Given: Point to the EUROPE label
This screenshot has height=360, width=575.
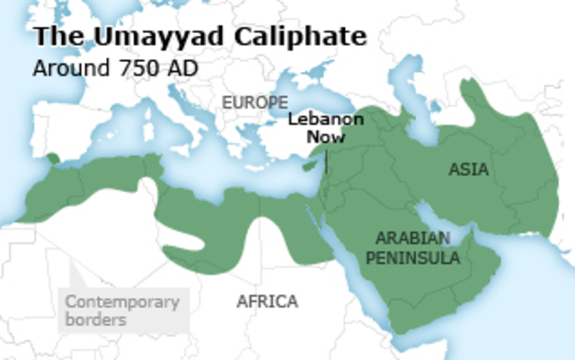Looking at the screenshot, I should [x=255, y=102].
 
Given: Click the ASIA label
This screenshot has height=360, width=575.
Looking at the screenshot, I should [x=469, y=170].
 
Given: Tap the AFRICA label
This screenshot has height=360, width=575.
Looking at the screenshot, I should [x=267, y=302].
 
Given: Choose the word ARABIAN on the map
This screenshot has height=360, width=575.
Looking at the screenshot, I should [x=416, y=239].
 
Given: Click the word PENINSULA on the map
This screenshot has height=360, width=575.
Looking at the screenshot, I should [x=419, y=259].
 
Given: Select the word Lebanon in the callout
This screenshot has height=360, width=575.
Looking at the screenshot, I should [x=326, y=120].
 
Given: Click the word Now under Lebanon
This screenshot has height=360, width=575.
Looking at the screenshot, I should [x=326, y=137].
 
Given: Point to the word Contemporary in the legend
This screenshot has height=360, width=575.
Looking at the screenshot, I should [x=122, y=302].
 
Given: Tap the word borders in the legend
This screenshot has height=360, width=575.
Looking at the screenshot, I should [x=95, y=319].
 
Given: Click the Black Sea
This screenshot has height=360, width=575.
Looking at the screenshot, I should [x=320, y=99].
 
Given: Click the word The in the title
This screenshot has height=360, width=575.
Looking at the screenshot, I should [x=52, y=38].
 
